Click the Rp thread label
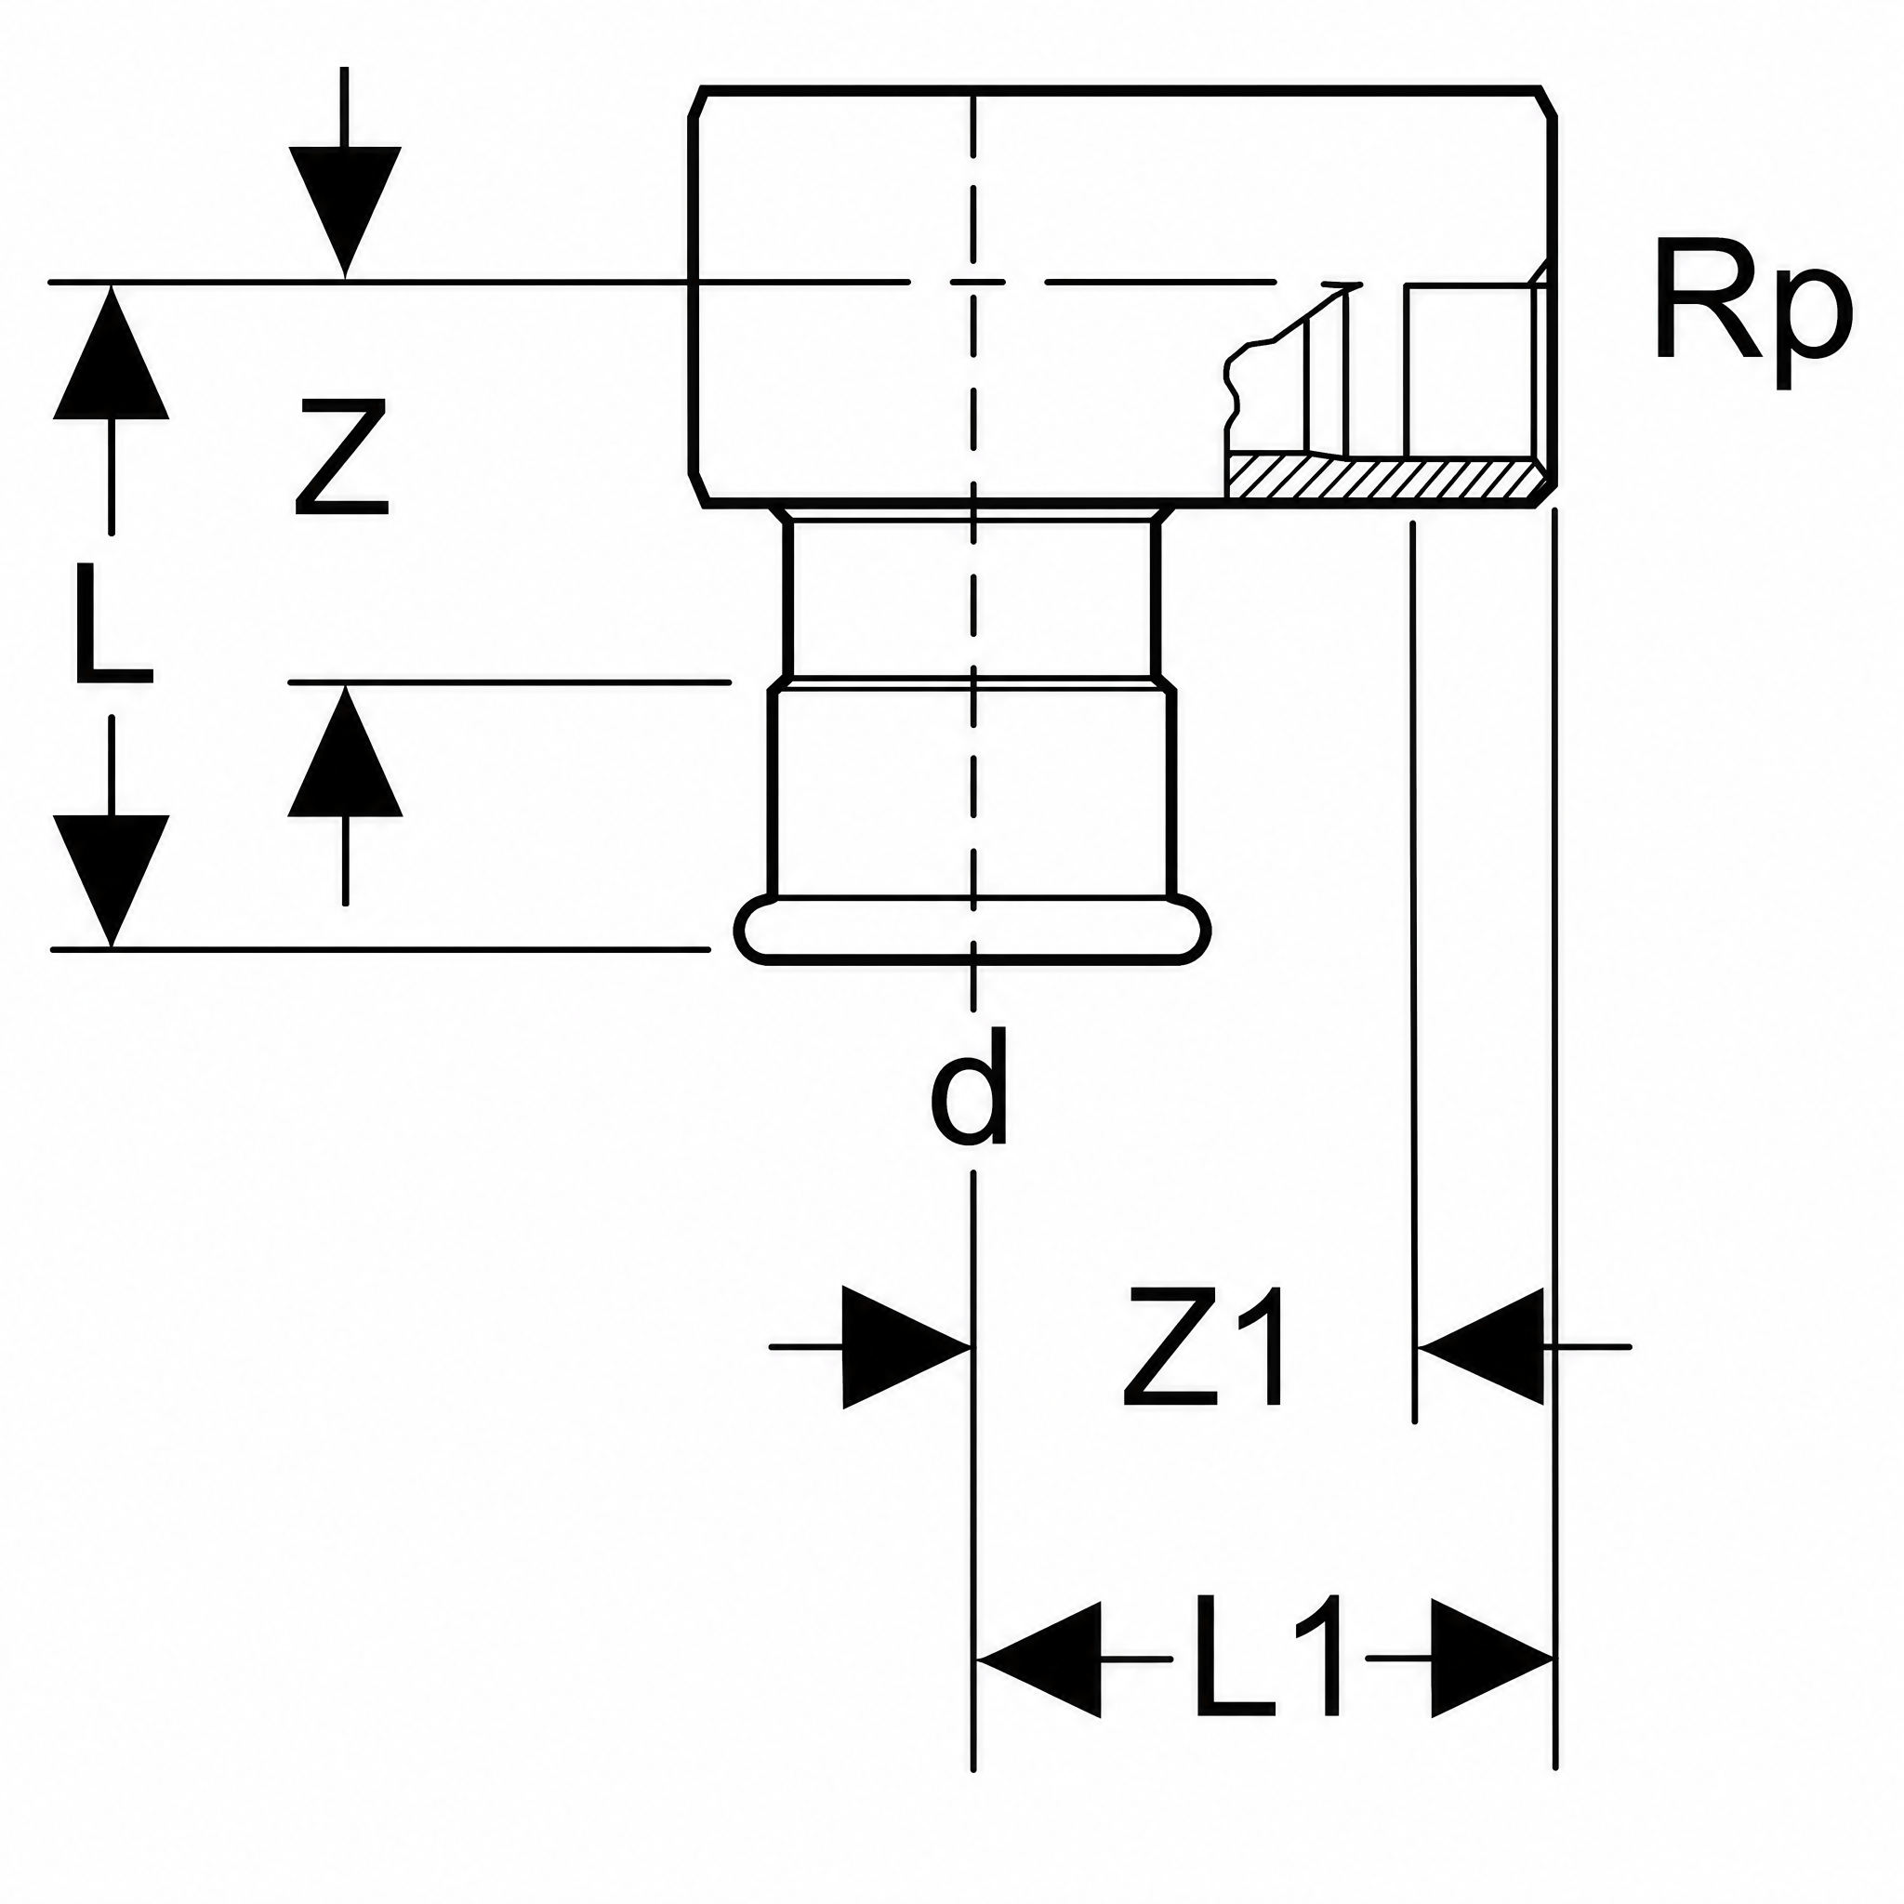point(1753,314)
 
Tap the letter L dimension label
point(113,624)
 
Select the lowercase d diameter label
point(970,1086)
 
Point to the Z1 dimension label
point(1204,1347)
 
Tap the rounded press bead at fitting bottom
point(972,929)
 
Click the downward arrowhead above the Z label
point(345,211)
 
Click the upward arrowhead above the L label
point(112,351)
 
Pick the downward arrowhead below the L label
point(112,881)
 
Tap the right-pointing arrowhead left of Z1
point(907,1346)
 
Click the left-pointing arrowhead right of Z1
point(1479,1346)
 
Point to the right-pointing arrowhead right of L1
point(1492,1659)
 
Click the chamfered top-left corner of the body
point(694,101)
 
